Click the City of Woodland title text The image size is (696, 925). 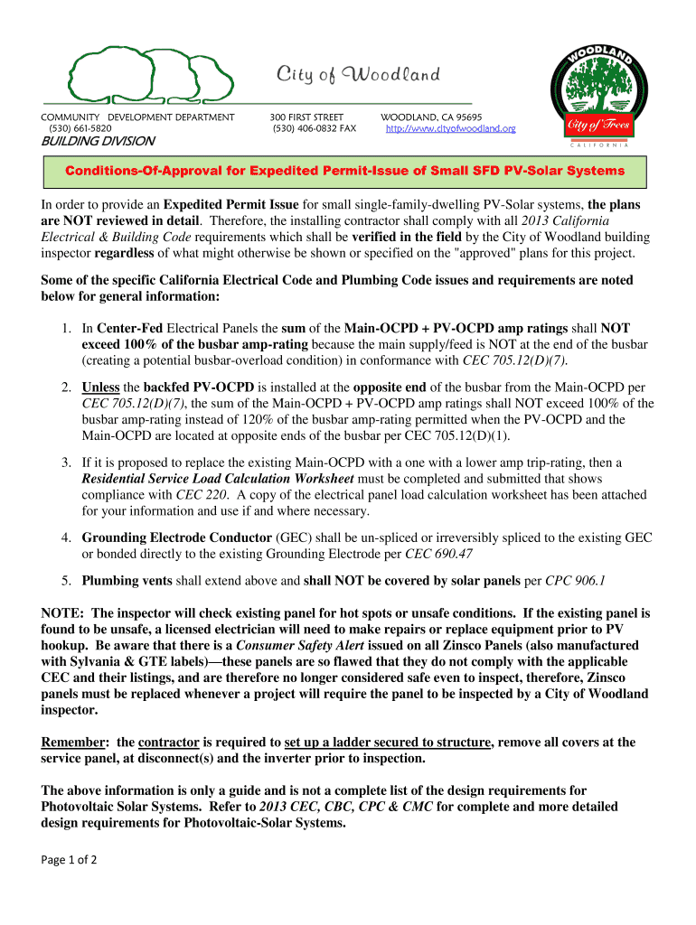[358, 74]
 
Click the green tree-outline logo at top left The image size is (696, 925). [151, 75]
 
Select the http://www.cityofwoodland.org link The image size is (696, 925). [450, 129]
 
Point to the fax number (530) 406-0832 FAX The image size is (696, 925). [314, 129]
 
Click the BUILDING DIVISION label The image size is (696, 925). [97, 142]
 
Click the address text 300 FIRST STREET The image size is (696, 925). [306, 117]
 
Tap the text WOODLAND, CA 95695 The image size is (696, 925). [431, 117]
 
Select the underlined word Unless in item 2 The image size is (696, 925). [99, 388]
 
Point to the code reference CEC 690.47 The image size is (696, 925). [438, 554]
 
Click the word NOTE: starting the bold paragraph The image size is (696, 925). [63, 612]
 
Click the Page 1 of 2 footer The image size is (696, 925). [69, 860]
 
